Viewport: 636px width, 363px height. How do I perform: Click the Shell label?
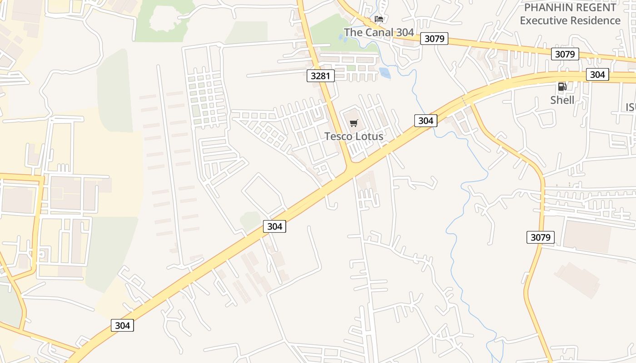(562, 100)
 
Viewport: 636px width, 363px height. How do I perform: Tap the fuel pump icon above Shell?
(562, 86)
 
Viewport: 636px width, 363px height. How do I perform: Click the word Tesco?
(338, 136)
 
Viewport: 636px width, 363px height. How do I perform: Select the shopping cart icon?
(354, 123)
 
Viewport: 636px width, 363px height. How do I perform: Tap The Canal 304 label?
(379, 32)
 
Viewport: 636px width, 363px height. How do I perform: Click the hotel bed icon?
(379, 19)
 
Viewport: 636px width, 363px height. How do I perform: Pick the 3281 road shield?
(321, 76)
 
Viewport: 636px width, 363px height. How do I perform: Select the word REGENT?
(599, 8)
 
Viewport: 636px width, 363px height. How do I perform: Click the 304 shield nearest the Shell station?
(597, 74)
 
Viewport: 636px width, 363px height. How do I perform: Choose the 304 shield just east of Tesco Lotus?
(426, 120)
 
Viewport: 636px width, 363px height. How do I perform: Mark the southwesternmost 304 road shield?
(123, 325)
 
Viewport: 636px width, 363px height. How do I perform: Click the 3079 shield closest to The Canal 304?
(434, 39)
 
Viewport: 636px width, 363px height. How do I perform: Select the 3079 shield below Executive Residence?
(565, 54)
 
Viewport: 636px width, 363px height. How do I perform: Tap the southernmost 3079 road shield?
(541, 237)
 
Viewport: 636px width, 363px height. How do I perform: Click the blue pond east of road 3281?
(384, 73)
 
